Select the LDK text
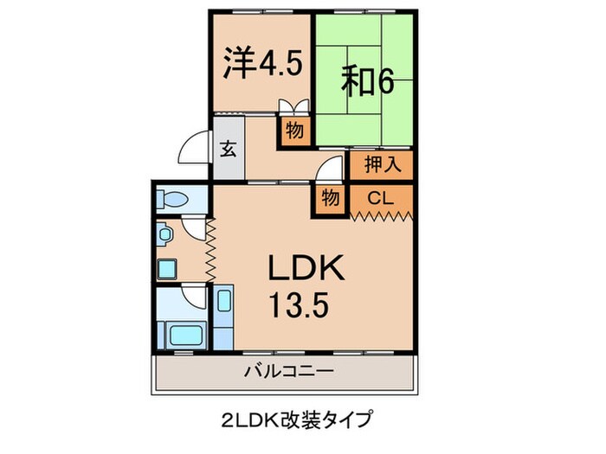click(x=305, y=269)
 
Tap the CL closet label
click(x=380, y=198)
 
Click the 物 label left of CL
click(x=330, y=197)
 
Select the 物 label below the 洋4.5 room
click(x=294, y=131)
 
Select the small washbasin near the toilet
click(x=164, y=233)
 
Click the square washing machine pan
click(x=168, y=268)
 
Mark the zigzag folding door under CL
click(x=381, y=215)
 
